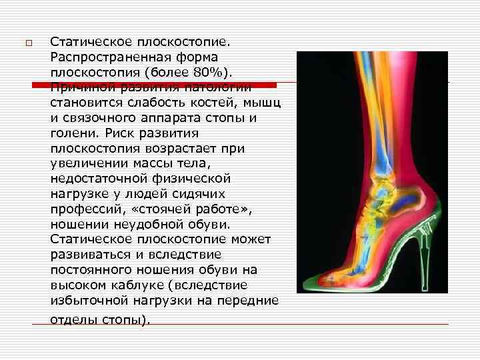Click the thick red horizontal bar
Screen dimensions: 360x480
coord(154,85)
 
